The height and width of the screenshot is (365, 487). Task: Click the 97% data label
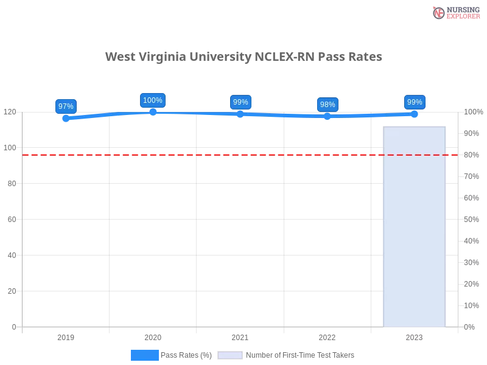pyautogui.click(x=66, y=106)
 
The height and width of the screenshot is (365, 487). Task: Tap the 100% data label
pyautogui.click(x=152, y=100)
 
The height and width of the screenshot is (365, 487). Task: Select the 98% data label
pyautogui.click(x=328, y=105)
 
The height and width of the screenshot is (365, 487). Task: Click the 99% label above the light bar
pyautogui.click(x=415, y=102)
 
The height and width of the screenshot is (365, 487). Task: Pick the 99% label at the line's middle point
pyautogui.click(x=240, y=102)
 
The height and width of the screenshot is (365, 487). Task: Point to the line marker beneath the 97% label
pyautogui.click(x=66, y=119)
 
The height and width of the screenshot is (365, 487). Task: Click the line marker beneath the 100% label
pyautogui.click(x=152, y=112)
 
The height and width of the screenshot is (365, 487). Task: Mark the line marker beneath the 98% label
pyautogui.click(x=328, y=116)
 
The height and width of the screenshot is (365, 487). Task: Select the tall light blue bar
pyautogui.click(x=414, y=225)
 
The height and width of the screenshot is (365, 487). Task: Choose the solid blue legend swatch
pyautogui.click(x=144, y=355)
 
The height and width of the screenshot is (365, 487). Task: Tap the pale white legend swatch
pyautogui.click(x=230, y=355)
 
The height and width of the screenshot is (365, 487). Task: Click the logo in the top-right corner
pyautogui.click(x=455, y=12)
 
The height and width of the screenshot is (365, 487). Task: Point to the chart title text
pyautogui.click(x=243, y=57)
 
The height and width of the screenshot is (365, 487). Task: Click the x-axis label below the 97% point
pyautogui.click(x=66, y=336)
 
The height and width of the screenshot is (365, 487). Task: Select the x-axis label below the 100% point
pyautogui.click(x=152, y=336)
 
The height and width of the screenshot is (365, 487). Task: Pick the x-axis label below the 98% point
pyautogui.click(x=327, y=336)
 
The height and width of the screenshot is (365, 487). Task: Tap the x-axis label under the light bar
pyautogui.click(x=414, y=336)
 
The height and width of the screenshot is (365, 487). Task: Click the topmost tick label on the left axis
pyautogui.click(x=11, y=112)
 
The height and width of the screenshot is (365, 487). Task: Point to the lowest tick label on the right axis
pyautogui.click(x=469, y=326)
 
